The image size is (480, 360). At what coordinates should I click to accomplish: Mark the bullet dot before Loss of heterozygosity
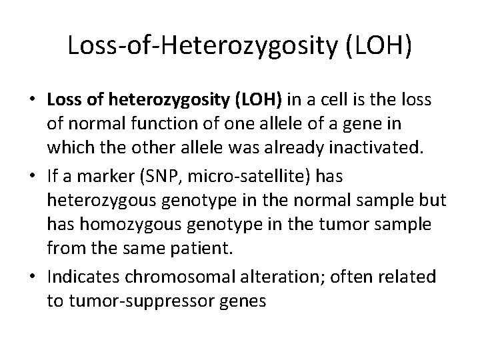(32, 101)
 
